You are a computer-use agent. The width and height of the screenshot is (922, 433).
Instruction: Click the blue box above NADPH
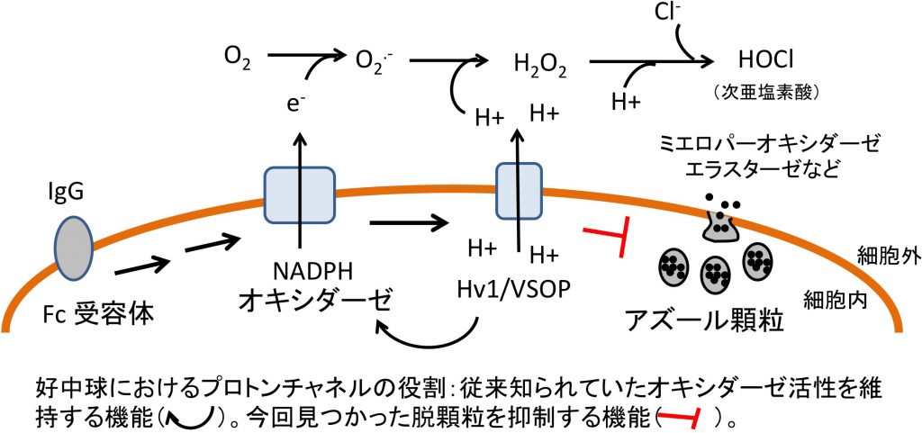pos(300,195)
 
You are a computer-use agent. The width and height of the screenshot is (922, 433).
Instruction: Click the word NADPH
pos(305,274)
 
